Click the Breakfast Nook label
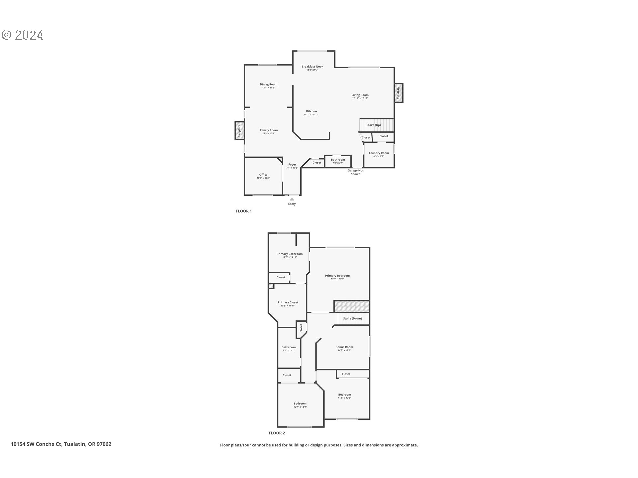tap(312, 66)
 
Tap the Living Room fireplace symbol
tap(398, 93)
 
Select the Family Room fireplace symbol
tap(239, 131)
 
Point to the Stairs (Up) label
tap(373, 125)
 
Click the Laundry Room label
tap(379, 153)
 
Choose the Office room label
tap(263, 175)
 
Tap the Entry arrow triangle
tap(292, 199)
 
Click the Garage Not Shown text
tap(355, 172)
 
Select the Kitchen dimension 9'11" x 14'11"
tap(311, 115)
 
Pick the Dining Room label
tap(268, 84)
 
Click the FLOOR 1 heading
tap(244, 211)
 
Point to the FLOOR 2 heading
tap(277, 433)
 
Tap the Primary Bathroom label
tap(290, 254)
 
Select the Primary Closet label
tap(288, 302)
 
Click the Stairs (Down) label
tap(352, 318)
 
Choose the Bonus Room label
tap(344, 347)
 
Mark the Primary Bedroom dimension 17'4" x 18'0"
tap(337, 279)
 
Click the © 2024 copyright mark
tap(23, 35)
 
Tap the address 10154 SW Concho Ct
tap(37, 444)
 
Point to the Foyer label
tap(292, 164)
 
